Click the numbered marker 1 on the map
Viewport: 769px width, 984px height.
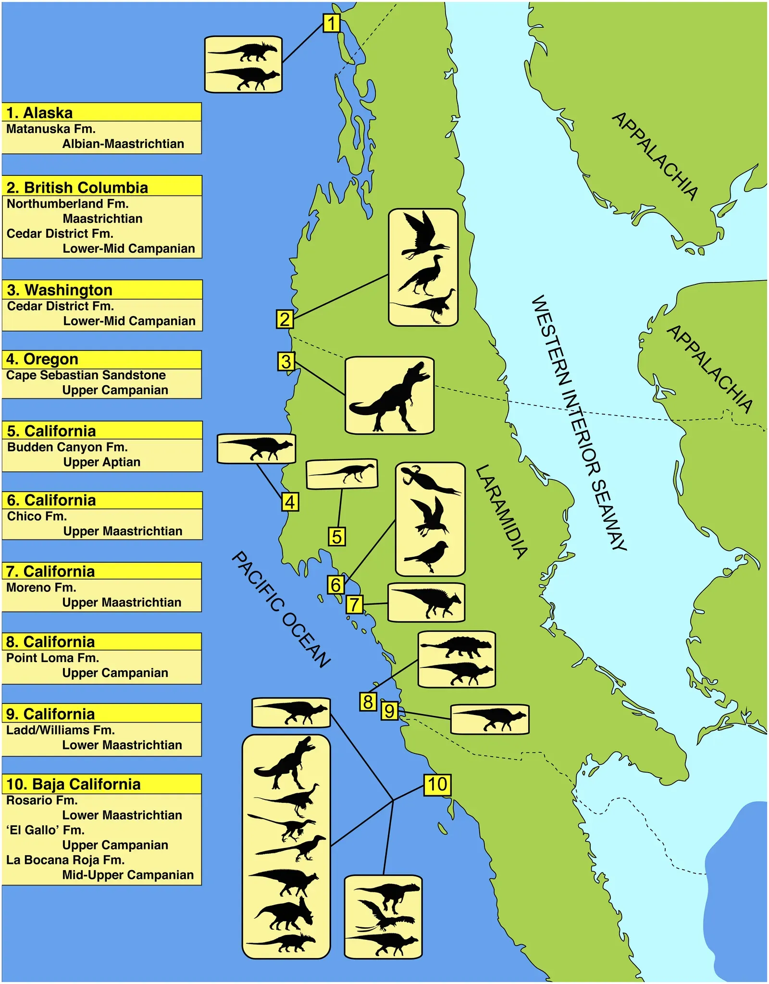coord(332,23)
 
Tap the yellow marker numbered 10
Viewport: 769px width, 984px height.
coord(437,784)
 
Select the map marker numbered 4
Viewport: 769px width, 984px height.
coord(290,502)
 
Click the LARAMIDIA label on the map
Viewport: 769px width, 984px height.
coord(501,511)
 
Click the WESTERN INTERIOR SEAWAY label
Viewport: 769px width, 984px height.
coord(579,423)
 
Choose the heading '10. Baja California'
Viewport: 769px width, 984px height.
coord(73,784)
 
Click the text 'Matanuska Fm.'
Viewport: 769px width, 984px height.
coord(51,129)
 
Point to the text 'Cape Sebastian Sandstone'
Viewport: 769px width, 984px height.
coord(86,375)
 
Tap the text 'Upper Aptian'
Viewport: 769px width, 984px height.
coord(102,462)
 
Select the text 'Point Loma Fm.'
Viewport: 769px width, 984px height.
coord(52,658)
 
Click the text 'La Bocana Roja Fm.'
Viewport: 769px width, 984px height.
coord(65,860)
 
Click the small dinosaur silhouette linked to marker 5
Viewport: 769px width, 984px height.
coord(344,472)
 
